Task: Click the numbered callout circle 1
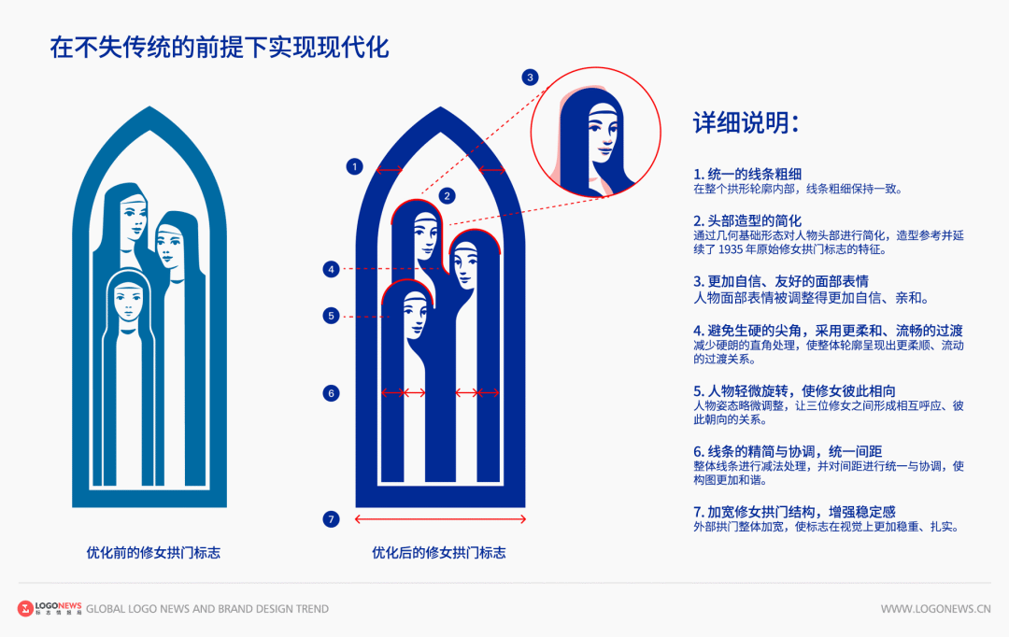pyautogui.click(x=354, y=167)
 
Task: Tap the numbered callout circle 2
pyautogui.click(x=448, y=195)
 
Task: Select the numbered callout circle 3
pyautogui.click(x=531, y=78)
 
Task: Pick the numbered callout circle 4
pyautogui.click(x=331, y=269)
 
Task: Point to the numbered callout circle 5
pyautogui.click(x=331, y=316)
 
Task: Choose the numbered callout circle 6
pyautogui.click(x=331, y=393)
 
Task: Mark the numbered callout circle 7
pyautogui.click(x=331, y=519)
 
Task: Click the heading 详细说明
pyautogui.click(x=746, y=124)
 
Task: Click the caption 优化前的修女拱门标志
pyautogui.click(x=153, y=553)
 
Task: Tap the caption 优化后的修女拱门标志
pyautogui.click(x=438, y=553)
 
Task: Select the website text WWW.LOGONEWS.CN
pyautogui.click(x=935, y=609)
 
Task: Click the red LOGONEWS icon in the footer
pyautogui.click(x=25, y=609)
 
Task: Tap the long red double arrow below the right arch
pyautogui.click(x=439, y=519)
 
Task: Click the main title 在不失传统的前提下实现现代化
pyautogui.click(x=220, y=48)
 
